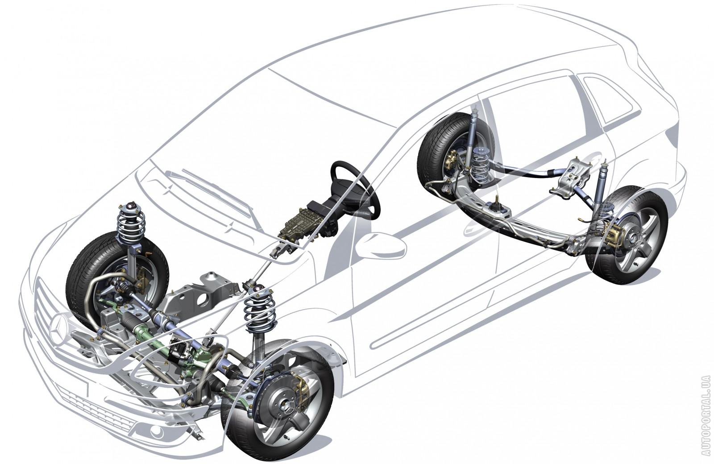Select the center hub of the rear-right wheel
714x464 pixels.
[x=631, y=238]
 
